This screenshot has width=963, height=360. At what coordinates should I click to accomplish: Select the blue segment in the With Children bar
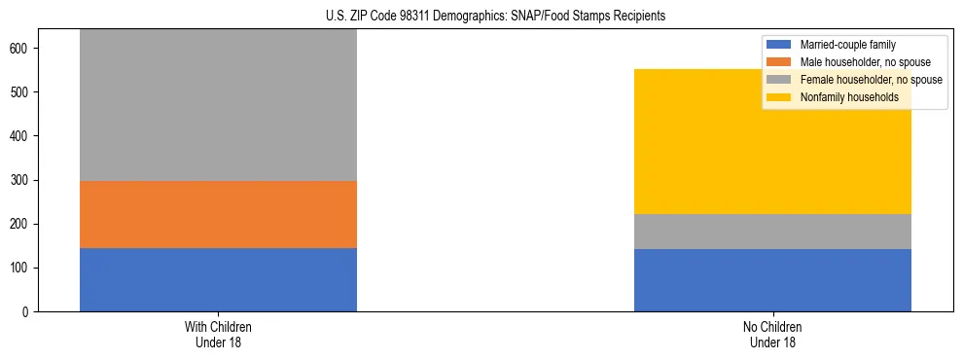218,279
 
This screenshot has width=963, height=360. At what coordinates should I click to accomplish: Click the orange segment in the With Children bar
218,214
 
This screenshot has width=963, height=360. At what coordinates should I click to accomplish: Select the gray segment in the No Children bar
772,232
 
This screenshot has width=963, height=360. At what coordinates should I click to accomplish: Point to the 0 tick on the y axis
30,312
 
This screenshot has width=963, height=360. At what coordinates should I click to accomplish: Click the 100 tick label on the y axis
23,269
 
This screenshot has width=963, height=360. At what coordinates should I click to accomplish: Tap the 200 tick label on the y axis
23,225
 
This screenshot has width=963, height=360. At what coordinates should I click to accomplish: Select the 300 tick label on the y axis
23,181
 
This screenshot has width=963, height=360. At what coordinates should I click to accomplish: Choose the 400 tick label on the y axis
23,136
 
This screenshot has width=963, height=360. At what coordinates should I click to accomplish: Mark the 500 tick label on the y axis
23,92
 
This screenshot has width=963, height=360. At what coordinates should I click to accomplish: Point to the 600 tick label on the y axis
23,49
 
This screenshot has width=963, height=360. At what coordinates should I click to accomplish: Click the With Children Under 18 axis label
218,334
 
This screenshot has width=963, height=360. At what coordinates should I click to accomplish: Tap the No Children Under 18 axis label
772,334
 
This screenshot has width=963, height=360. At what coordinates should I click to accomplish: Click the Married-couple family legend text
847,45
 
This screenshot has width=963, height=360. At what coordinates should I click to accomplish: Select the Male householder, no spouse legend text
864,62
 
